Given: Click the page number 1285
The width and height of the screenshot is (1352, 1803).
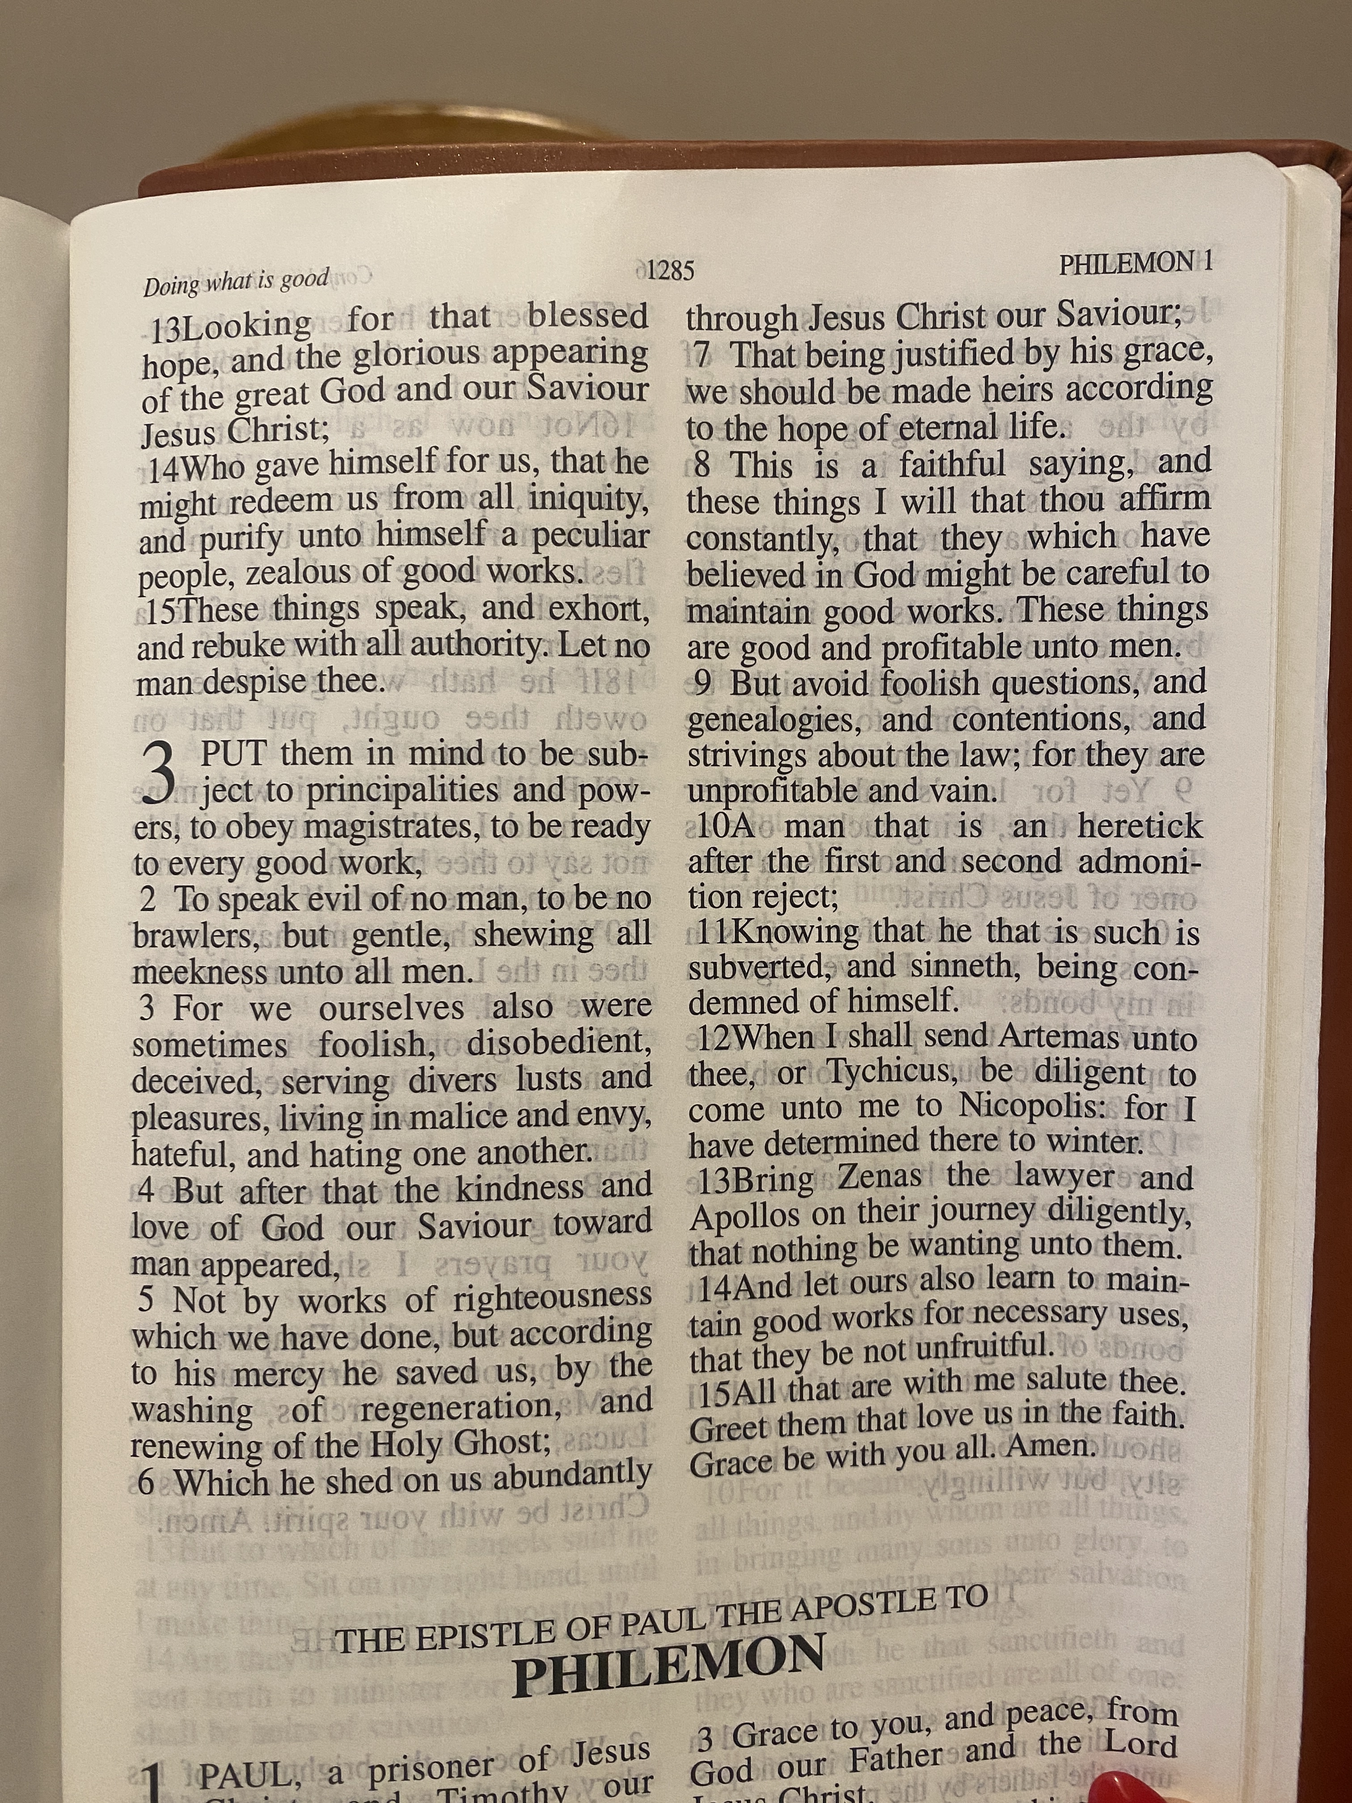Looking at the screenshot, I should (x=671, y=270).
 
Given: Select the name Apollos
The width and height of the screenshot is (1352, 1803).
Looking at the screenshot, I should (x=745, y=1216).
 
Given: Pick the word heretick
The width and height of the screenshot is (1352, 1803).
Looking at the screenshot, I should (x=1139, y=825).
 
